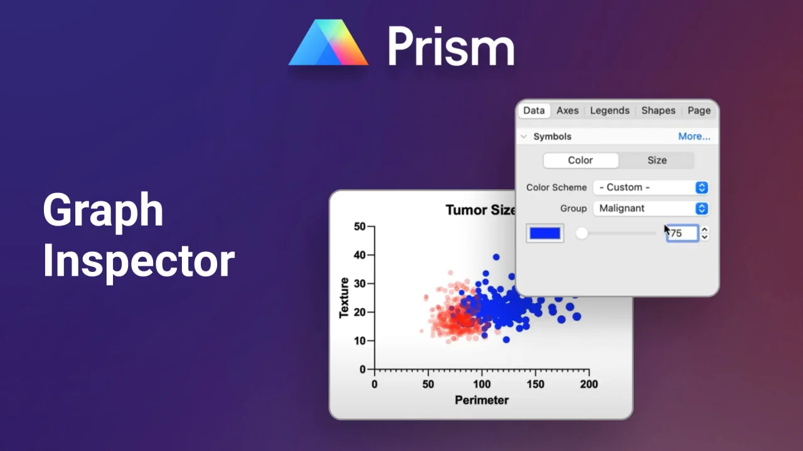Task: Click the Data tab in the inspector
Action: pyautogui.click(x=534, y=111)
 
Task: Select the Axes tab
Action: pyautogui.click(x=568, y=111)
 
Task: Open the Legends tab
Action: pyautogui.click(x=610, y=111)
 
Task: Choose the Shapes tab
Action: pyautogui.click(x=658, y=111)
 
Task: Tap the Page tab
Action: pyautogui.click(x=699, y=111)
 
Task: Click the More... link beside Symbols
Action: pyautogui.click(x=694, y=137)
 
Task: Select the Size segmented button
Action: pyautogui.click(x=657, y=160)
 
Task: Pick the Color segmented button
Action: pyautogui.click(x=581, y=160)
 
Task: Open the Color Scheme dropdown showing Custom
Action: pyautogui.click(x=651, y=187)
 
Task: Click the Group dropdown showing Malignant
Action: pyautogui.click(x=651, y=209)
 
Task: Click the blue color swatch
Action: pyautogui.click(x=545, y=234)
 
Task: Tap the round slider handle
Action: pyautogui.click(x=582, y=234)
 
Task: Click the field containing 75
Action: pyautogui.click(x=682, y=234)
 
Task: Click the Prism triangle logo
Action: pyautogui.click(x=328, y=43)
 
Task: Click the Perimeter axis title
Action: pyautogui.click(x=481, y=400)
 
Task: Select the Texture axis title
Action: pyautogui.click(x=344, y=298)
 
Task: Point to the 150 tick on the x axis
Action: pyautogui.click(x=535, y=385)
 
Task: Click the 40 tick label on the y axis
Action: pyautogui.click(x=359, y=255)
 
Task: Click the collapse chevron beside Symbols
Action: pyautogui.click(x=524, y=137)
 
